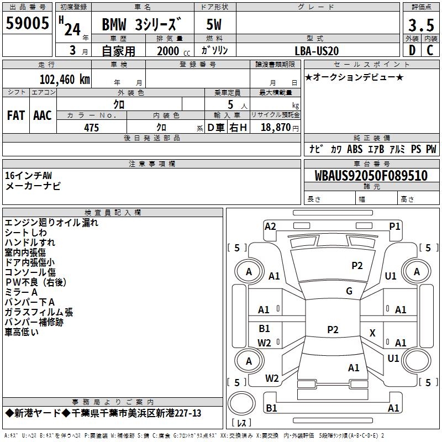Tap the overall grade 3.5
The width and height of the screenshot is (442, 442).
click(x=420, y=25)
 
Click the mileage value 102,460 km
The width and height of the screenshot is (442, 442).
click(x=65, y=78)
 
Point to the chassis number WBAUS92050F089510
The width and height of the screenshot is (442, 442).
click(x=371, y=176)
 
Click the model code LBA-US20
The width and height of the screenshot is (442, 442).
click(x=317, y=50)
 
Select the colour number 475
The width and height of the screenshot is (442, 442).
click(x=91, y=128)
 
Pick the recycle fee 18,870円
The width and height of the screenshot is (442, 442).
click(x=279, y=128)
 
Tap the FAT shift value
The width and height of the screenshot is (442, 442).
click(x=16, y=115)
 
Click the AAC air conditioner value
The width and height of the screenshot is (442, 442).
click(x=43, y=115)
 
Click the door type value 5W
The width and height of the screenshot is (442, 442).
click(x=215, y=25)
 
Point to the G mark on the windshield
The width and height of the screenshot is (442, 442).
click(x=349, y=291)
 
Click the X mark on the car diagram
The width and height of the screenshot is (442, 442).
click(x=372, y=333)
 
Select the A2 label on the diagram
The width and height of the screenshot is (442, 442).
click(x=270, y=226)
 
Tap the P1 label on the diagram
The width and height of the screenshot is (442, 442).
click(x=394, y=226)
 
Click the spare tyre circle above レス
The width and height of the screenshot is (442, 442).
click(x=241, y=404)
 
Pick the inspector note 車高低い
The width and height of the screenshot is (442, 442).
click(x=22, y=332)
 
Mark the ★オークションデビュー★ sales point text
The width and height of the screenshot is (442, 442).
click(x=354, y=77)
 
